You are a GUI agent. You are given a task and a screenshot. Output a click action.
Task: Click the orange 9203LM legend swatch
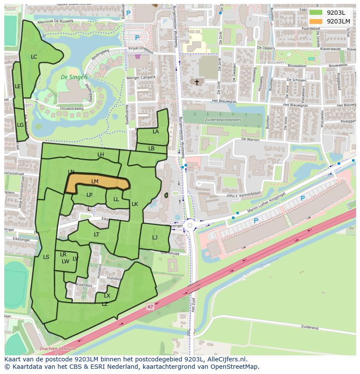click(x=316, y=21)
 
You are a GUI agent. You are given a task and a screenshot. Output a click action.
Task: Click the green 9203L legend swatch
click(x=316, y=13)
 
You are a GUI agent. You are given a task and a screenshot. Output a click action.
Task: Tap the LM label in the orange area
click(x=95, y=181)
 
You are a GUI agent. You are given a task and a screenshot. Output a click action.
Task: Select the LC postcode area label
click(x=34, y=57)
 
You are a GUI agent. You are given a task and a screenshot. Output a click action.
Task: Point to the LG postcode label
click(x=20, y=125)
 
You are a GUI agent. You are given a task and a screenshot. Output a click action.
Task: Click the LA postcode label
click(x=155, y=132)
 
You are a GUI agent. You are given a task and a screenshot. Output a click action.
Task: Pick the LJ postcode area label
click(x=155, y=238)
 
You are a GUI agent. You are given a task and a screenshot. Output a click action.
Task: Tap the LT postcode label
click(x=97, y=235)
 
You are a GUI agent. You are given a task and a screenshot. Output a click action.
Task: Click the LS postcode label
click(x=46, y=257)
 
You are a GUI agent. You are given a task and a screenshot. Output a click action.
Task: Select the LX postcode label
click(x=107, y=296)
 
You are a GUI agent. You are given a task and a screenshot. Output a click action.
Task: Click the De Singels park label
click(x=74, y=77)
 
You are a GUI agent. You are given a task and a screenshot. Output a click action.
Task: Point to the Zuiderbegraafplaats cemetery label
click(x=224, y=120)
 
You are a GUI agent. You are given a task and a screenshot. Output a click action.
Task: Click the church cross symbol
click(x=197, y=82)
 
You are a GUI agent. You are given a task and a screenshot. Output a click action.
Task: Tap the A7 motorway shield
click(x=150, y=307)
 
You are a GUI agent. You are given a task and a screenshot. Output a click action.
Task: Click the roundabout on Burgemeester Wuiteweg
click(x=190, y=226)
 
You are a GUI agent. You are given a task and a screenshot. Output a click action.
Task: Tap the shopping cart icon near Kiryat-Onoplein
click(x=138, y=56)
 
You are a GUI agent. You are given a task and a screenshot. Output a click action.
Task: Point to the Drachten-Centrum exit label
click(x=57, y=349)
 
